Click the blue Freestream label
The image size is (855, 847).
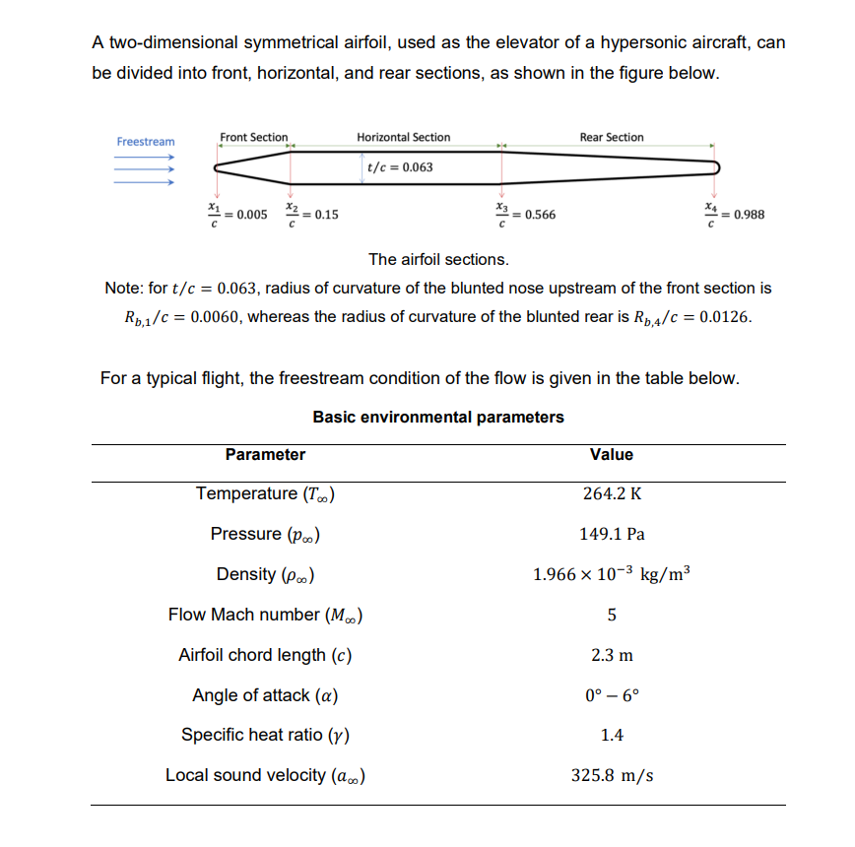pyautogui.click(x=145, y=142)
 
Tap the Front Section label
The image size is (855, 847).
pyautogui.click(x=253, y=137)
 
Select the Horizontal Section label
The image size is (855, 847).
pyautogui.click(x=403, y=137)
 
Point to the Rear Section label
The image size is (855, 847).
pyautogui.click(x=611, y=137)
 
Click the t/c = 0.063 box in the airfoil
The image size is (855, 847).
pyautogui.click(x=399, y=167)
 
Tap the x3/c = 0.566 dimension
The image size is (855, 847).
pyautogui.click(x=524, y=214)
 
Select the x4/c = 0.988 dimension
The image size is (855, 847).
pyautogui.click(x=734, y=214)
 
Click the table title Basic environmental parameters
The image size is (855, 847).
pyautogui.click(x=438, y=417)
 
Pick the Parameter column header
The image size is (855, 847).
pyautogui.click(x=265, y=454)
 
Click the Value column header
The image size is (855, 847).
pyautogui.click(x=611, y=454)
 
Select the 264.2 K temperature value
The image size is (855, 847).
pyautogui.click(x=611, y=494)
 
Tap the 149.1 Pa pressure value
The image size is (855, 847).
pyautogui.click(x=611, y=535)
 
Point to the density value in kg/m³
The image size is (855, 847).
pyautogui.click(x=611, y=574)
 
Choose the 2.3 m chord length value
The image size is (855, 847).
pyautogui.click(x=611, y=655)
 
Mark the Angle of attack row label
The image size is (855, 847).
pyautogui.click(x=266, y=695)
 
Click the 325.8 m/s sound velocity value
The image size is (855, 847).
pyautogui.click(x=611, y=775)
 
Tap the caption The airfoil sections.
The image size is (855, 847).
pyautogui.click(x=438, y=260)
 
